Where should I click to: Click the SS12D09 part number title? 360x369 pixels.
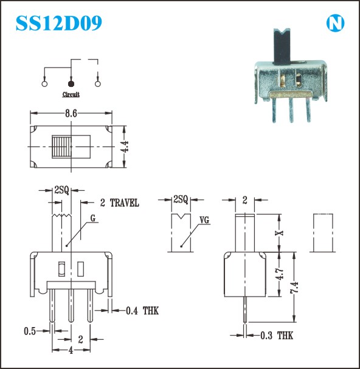click(x=59, y=23)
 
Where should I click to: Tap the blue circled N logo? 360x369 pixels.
click(x=335, y=24)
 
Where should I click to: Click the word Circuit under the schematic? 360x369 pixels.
click(x=71, y=94)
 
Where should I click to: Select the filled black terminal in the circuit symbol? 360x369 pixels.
click(x=71, y=83)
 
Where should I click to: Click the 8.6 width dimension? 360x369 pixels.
click(x=71, y=114)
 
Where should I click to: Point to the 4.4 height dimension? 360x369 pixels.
click(x=125, y=147)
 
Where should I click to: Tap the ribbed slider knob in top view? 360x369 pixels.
click(x=61, y=147)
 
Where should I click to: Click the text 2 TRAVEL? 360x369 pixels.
click(x=120, y=203)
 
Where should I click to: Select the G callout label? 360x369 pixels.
click(x=93, y=218)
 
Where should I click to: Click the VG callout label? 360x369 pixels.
click(x=204, y=220)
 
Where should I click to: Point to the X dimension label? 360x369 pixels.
click(x=280, y=233)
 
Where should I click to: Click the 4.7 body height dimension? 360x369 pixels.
click(x=280, y=274)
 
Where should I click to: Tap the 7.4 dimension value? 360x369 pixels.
click(x=294, y=287)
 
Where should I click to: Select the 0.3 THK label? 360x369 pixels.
click(x=277, y=336)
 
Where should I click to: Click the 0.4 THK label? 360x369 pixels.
click(x=142, y=311)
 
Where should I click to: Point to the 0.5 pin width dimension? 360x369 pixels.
click(x=30, y=331)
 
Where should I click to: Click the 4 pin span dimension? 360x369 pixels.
click(x=71, y=351)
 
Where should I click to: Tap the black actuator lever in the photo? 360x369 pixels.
click(x=282, y=46)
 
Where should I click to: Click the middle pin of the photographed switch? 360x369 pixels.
click(x=291, y=110)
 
